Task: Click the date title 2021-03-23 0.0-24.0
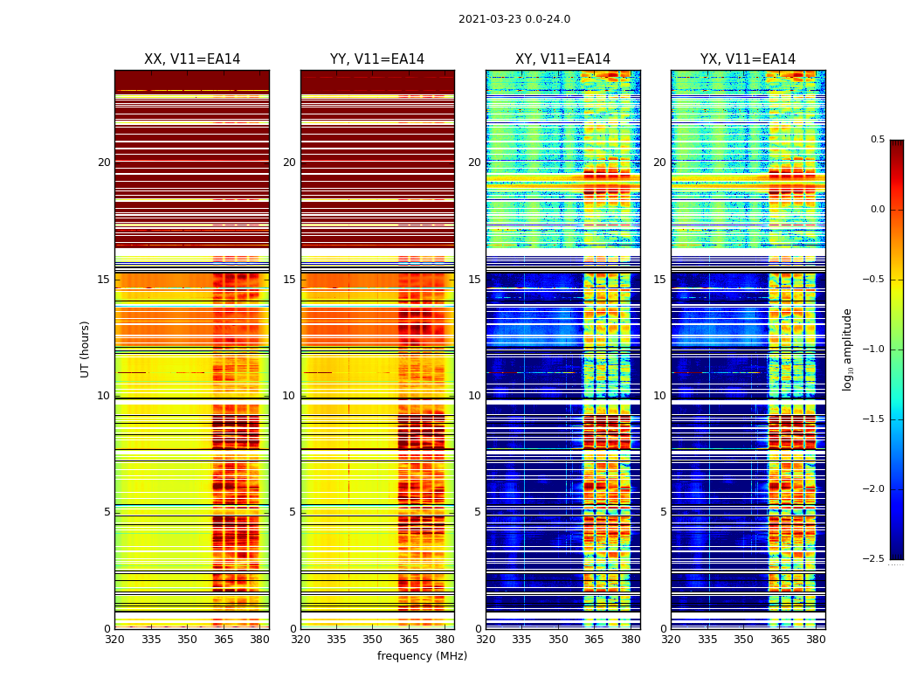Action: click(514, 19)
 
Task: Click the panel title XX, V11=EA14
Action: click(192, 59)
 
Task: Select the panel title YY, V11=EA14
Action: click(377, 59)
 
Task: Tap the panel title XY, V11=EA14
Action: click(562, 59)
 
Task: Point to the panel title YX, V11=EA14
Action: click(748, 59)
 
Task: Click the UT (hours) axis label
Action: click(85, 349)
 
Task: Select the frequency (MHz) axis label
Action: click(422, 656)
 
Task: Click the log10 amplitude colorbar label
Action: click(847, 349)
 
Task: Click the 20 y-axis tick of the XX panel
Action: click(104, 163)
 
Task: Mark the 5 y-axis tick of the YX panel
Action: click(663, 512)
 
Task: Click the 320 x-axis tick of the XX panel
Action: click(114, 639)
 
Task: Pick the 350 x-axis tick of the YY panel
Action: click(372, 639)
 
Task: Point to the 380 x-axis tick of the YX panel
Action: click(816, 639)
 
